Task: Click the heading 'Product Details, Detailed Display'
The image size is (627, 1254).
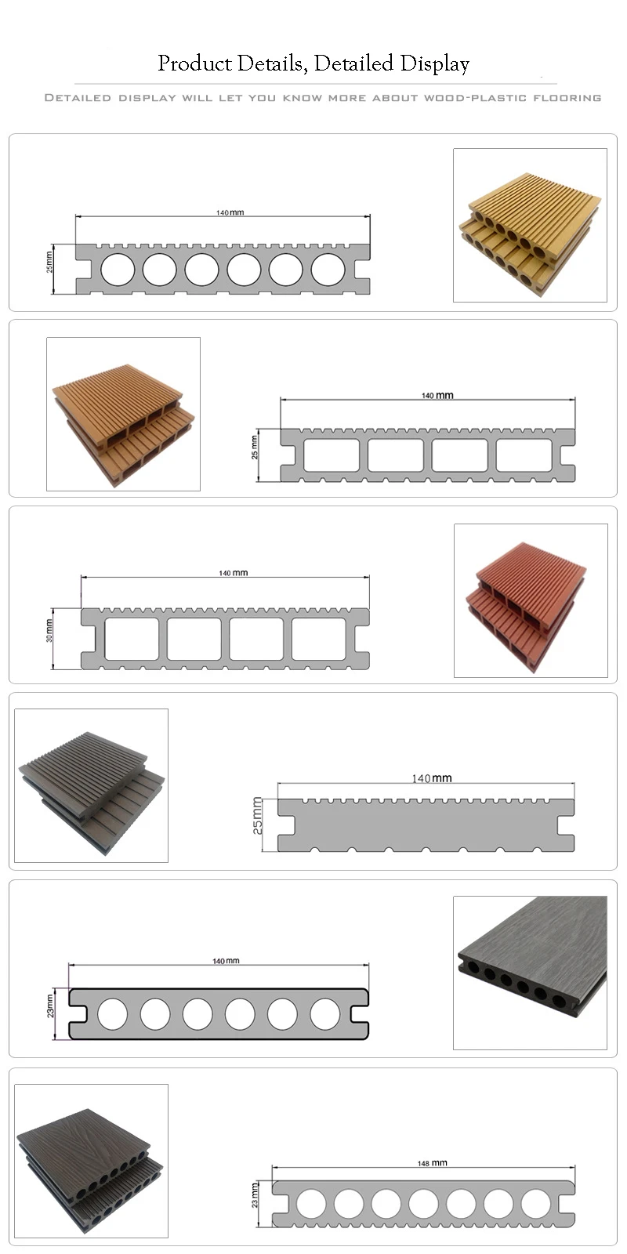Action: pos(313,63)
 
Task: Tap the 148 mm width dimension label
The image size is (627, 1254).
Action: pos(433,1163)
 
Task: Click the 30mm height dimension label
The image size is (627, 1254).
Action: pos(49,631)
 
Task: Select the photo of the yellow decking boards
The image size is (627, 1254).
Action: pos(530,226)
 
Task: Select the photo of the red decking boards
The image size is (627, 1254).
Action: pos(531,600)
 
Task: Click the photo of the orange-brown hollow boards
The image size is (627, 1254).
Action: pos(123,415)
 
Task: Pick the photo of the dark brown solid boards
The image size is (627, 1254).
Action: pos(91,785)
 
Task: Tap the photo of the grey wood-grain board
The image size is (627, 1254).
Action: pos(530,973)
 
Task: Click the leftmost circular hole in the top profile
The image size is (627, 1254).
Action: pos(118,270)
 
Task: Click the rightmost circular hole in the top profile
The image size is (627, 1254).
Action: pos(328,270)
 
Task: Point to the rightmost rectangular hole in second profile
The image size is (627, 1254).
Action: pos(524,455)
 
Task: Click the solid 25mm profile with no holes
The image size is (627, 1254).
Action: pos(426,825)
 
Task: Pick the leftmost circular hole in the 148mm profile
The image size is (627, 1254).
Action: pos(311,1203)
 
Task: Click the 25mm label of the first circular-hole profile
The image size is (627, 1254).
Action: pos(49,261)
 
